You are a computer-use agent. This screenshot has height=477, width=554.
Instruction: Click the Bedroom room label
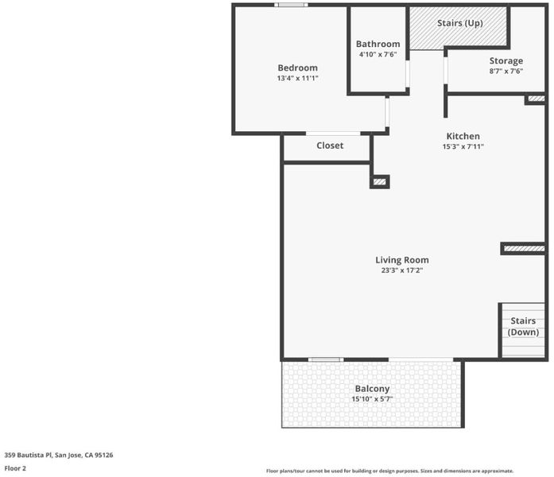(x=297, y=68)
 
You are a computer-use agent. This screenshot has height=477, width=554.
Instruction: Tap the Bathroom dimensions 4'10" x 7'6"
(x=378, y=54)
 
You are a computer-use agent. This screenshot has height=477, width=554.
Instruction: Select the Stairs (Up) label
(x=459, y=23)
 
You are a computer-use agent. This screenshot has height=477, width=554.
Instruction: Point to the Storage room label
(x=506, y=60)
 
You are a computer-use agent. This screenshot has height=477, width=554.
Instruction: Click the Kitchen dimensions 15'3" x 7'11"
(x=463, y=146)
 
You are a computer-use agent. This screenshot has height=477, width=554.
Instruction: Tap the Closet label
(x=330, y=145)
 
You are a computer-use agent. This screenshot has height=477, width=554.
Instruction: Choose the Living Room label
(x=402, y=260)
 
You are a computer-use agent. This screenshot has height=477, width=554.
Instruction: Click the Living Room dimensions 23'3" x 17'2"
(x=402, y=270)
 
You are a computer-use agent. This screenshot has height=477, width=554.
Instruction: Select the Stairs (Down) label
(x=523, y=327)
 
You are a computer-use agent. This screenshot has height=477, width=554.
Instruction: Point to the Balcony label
(x=372, y=389)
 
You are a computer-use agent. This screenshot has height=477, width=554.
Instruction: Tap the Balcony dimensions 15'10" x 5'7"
(x=372, y=399)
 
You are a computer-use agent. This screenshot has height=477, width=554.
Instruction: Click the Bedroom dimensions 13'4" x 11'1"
(x=297, y=78)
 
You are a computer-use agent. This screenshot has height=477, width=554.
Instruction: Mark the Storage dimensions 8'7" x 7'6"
(x=506, y=71)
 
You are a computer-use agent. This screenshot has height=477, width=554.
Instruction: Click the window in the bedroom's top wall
(x=291, y=5)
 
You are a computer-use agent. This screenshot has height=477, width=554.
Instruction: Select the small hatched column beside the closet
(x=380, y=182)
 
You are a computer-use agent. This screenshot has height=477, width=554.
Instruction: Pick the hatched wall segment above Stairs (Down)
(x=524, y=249)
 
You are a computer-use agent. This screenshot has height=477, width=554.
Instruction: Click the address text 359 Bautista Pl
(x=29, y=455)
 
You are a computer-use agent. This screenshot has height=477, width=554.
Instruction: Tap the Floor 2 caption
(x=15, y=468)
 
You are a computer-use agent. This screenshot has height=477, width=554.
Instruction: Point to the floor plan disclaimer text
(x=389, y=471)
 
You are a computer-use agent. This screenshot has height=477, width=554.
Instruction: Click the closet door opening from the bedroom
(x=333, y=134)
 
